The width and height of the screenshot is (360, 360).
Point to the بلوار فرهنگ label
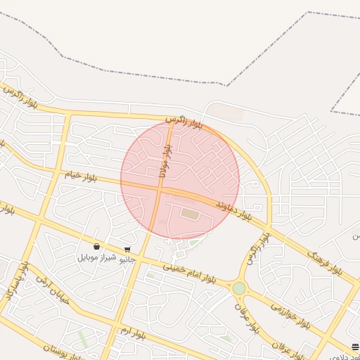coord(324,261)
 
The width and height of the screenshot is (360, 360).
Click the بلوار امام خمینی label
coord(200,274)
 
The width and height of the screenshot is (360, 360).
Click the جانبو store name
coord(127,259)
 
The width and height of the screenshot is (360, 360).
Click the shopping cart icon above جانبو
coord(127,249)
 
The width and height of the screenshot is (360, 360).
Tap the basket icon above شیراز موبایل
coord(96,247)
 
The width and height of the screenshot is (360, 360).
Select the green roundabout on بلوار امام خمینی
coord(239,288)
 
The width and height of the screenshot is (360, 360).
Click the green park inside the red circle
coord(190,213)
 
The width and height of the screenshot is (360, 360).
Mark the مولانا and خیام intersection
coord(159,188)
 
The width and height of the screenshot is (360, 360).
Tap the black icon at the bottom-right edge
coord(355,347)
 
